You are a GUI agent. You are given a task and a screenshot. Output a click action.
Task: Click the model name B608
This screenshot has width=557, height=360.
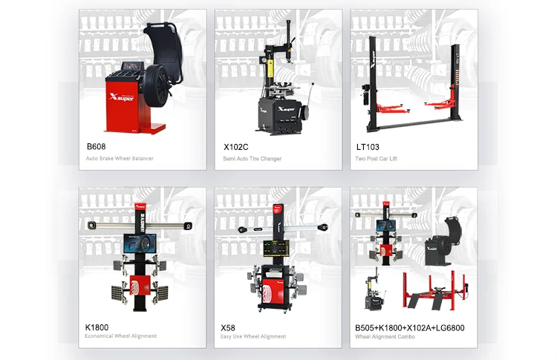click(96, 146)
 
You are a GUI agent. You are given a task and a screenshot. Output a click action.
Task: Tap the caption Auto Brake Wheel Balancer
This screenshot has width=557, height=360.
click(120, 158)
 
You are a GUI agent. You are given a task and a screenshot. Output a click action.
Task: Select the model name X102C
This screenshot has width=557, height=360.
click(236, 147)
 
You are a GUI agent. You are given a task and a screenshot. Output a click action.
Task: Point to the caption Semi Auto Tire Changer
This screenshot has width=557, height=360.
click(253, 159)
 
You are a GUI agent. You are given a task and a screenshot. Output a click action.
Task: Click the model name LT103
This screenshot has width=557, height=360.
click(368, 147)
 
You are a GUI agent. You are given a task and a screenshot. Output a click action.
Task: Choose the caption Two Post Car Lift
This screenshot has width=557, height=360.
click(376, 159)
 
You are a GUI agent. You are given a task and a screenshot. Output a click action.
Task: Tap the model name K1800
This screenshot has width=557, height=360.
click(97, 327)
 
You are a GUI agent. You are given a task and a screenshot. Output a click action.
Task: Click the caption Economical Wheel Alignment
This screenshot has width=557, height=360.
click(121, 336)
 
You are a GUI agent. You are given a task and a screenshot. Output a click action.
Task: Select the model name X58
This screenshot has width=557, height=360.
click(228, 327)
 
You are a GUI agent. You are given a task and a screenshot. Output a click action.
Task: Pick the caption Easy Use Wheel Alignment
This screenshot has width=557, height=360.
click(253, 336)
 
